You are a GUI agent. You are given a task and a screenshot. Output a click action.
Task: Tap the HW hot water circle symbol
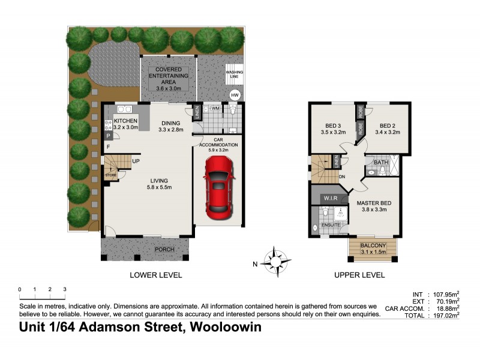236,95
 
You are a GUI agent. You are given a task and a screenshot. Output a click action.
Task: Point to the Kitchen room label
126,124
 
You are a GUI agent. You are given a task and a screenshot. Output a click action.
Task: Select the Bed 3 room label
331,129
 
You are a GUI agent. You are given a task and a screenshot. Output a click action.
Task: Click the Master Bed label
376,206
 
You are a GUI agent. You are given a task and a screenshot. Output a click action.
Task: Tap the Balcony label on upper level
373,248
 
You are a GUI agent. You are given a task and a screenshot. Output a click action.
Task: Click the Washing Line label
234,76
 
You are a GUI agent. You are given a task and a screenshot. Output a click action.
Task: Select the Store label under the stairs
110,175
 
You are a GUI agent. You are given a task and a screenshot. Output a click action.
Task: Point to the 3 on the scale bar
64,290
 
